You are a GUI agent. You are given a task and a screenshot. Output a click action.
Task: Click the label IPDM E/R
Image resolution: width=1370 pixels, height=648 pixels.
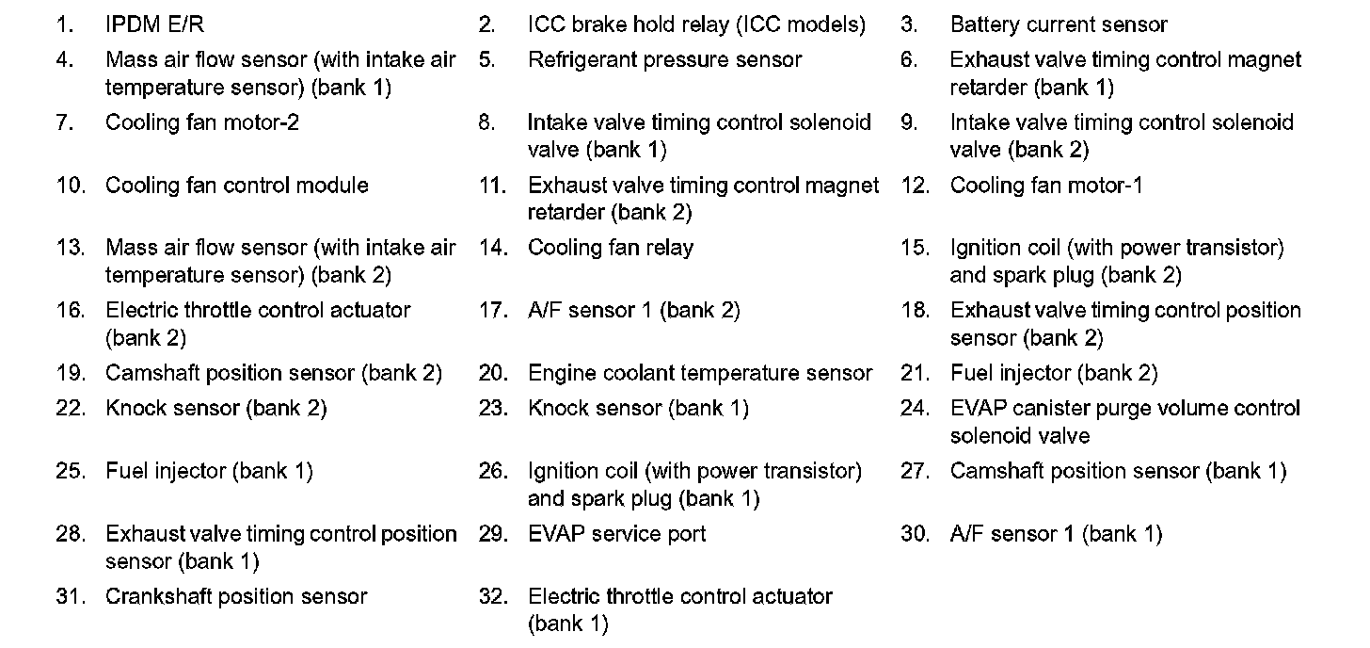click(x=154, y=25)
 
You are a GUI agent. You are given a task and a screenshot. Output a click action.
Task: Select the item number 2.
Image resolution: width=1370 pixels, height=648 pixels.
click(x=486, y=25)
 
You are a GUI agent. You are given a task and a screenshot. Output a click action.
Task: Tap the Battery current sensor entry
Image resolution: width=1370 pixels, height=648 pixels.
click(x=1059, y=25)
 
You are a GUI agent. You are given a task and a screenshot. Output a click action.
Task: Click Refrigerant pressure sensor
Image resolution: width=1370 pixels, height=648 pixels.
click(x=664, y=60)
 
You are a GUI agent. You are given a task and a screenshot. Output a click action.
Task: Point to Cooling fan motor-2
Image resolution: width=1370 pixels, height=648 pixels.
click(x=202, y=122)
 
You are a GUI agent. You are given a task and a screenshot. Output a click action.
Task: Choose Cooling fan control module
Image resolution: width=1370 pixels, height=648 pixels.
click(x=236, y=186)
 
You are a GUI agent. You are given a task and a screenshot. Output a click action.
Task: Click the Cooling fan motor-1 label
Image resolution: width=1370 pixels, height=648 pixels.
click(x=1046, y=186)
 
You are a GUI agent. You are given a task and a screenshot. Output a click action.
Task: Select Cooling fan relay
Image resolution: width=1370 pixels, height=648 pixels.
click(x=610, y=248)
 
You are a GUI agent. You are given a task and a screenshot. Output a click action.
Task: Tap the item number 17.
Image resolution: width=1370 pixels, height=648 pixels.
click(x=493, y=311)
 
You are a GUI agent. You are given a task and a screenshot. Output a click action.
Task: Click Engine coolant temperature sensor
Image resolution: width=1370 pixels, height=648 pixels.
click(x=700, y=374)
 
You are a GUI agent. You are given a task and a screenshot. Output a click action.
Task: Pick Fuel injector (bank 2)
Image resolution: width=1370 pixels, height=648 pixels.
click(x=1054, y=374)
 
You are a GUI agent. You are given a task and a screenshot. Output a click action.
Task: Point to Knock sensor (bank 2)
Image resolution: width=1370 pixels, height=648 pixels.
click(x=216, y=409)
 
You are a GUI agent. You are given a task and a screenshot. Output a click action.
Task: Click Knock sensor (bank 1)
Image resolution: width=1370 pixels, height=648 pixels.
click(x=638, y=409)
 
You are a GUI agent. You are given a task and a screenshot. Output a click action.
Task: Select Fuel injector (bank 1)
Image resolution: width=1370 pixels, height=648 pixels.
click(x=209, y=471)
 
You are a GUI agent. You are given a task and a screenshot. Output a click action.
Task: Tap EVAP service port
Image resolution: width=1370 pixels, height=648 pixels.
click(x=616, y=534)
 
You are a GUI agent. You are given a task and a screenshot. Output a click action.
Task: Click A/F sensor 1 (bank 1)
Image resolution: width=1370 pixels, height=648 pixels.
click(x=1056, y=534)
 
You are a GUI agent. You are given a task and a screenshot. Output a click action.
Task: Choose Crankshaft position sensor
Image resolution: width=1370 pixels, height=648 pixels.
click(x=236, y=597)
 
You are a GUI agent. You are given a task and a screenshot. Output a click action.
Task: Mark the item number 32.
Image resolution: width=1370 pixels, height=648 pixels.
click(x=493, y=597)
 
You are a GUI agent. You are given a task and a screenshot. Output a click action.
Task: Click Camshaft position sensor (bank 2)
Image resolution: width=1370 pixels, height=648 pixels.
click(x=273, y=374)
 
